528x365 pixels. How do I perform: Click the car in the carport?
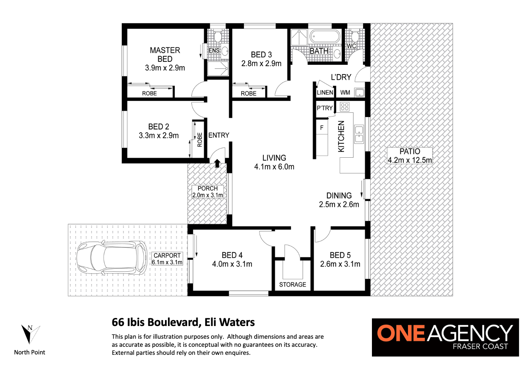(x=112, y=258)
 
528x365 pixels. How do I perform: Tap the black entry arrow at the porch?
(x=217, y=163)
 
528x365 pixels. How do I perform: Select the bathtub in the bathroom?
(x=325, y=36)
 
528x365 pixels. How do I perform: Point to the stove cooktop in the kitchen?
(x=344, y=107)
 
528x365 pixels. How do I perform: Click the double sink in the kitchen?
(x=359, y=134)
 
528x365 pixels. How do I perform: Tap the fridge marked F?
(x=321, y=128)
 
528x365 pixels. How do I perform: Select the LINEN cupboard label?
(x=325, y=92)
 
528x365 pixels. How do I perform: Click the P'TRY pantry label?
(x=324, y=108)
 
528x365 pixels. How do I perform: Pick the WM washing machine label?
(x=345, y=92)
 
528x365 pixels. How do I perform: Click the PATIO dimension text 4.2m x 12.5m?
(x=410, y=160)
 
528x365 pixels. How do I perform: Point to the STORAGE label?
(x=293, y=284)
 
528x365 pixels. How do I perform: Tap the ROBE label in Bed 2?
(x=200, y=140)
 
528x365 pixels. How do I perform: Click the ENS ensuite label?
(x=214, y=50)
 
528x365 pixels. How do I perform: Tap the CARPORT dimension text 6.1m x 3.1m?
(x=167, y=262)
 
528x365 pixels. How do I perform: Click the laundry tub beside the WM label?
(x=360, y=92)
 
